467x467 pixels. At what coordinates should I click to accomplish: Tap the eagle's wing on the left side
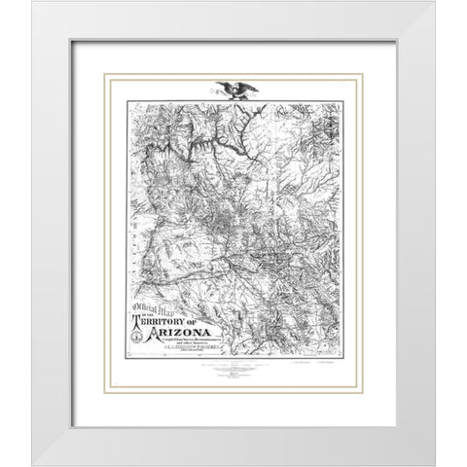click(x=226, y=85)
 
